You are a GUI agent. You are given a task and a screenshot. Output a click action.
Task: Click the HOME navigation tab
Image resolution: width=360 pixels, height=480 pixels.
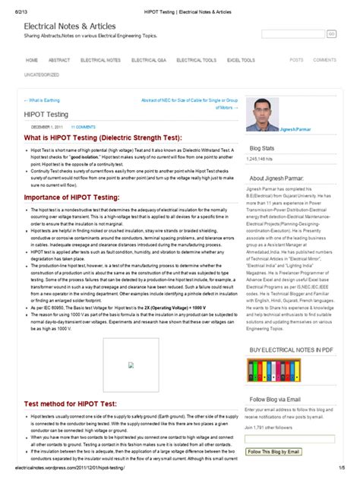[32, 59]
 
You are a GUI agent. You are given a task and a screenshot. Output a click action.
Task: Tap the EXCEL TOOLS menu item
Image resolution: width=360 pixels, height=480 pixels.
[241, 59]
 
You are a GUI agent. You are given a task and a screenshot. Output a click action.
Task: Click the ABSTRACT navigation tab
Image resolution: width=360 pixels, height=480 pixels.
[59, 59]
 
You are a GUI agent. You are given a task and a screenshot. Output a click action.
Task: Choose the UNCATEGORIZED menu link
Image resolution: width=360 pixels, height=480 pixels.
[42, 74]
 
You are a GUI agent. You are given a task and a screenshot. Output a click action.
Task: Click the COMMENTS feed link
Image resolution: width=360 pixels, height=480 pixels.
[324, 59]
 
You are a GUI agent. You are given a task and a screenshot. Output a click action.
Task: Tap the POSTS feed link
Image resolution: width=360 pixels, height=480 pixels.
[296, 59]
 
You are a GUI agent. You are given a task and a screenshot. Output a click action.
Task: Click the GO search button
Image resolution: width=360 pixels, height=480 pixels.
[331, 34]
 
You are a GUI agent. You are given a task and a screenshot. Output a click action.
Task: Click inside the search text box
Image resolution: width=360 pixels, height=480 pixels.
[292, 34]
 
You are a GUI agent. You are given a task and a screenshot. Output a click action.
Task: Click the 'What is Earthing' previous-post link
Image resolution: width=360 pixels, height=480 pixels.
[43, 100]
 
